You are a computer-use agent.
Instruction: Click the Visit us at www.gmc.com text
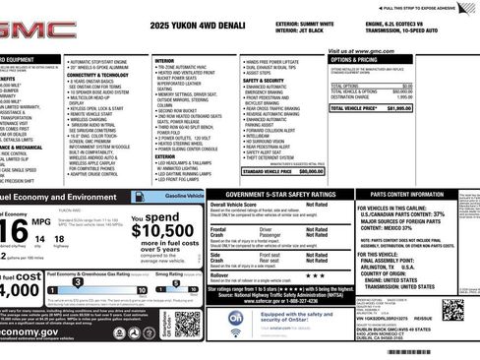coord(363,50)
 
